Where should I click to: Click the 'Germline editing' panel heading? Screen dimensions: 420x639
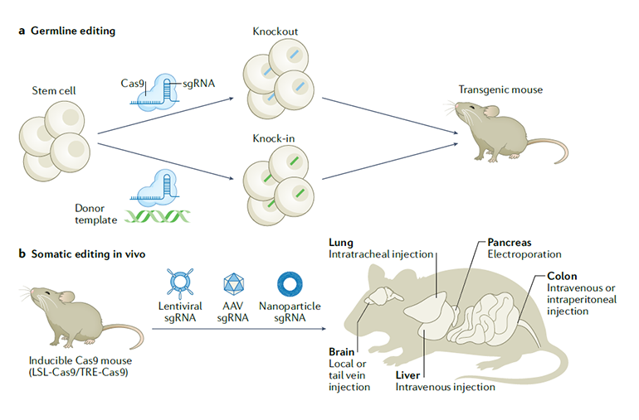point(73,31)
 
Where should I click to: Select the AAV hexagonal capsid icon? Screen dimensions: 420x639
point(235,282)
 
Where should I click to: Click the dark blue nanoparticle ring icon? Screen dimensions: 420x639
point(290,282)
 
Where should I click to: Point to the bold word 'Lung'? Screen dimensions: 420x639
point(341,243)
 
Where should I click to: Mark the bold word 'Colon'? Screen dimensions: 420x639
point(561,276)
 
